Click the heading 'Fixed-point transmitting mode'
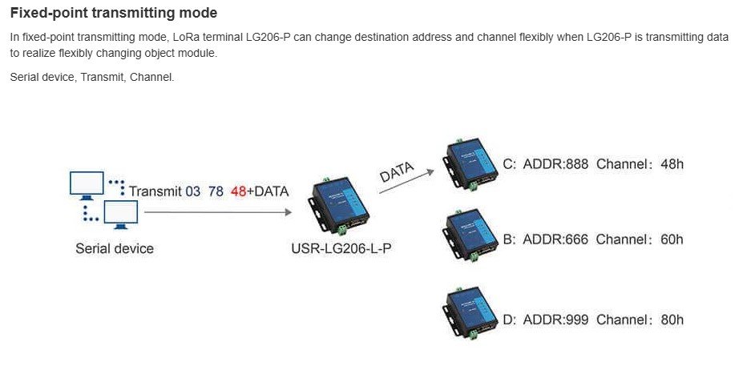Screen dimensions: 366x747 tap(113, 14)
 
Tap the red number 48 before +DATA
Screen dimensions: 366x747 tap(239, 191)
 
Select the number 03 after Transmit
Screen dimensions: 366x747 tap(193, 191)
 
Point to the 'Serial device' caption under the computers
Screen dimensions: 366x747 tap(115, 248)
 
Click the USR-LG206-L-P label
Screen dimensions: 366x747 tap(341, 248)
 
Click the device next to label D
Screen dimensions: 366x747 tap(469, 316)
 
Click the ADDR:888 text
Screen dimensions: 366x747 tap(555, 165)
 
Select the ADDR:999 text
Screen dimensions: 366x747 tap(555, 320)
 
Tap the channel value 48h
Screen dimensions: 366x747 tap(671, 165)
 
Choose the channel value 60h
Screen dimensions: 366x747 tap(671, 239)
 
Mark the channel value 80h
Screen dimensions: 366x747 tap(671, 320)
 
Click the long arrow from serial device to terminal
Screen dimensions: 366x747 tap(216, 212)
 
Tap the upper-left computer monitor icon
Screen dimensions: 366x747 tap(87, 183)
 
